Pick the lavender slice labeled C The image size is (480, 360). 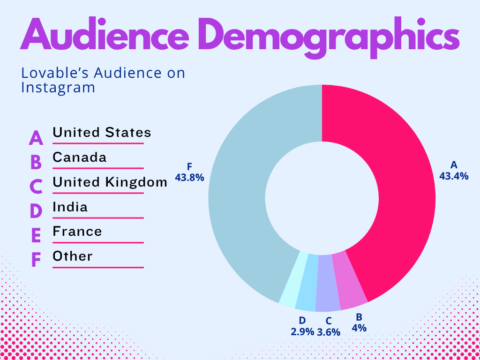click(328, 284)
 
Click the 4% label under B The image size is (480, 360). click(359, 328)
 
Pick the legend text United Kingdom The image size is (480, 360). click(110, 182)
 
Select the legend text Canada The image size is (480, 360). click(80, 157)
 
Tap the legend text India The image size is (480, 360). click(70, 207)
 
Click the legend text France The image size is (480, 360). click(77, 232)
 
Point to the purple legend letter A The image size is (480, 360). click(36, 138)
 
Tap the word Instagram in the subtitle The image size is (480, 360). click(58, 88)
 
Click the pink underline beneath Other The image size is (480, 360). click(98, 268)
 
